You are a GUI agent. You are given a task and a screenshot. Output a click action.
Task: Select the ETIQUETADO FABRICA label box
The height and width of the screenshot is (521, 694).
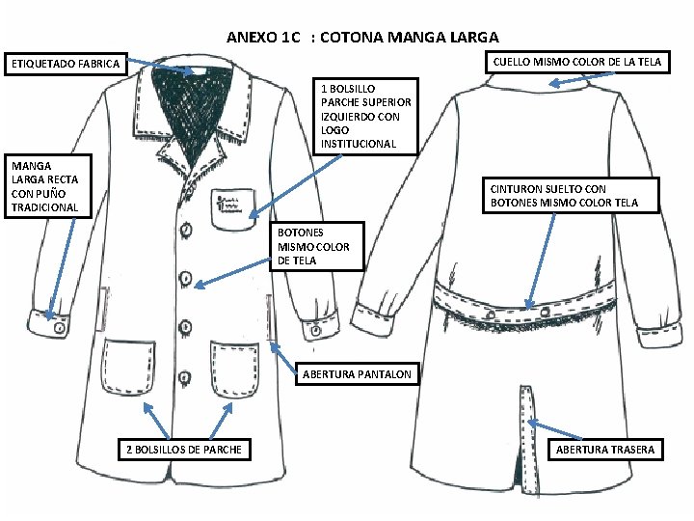tap(65, 65)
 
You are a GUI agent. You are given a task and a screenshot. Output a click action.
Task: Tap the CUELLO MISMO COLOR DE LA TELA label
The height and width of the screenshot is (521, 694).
tap(576, 62)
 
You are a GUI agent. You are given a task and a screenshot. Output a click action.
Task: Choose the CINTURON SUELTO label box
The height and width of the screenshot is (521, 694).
tap(561, 196)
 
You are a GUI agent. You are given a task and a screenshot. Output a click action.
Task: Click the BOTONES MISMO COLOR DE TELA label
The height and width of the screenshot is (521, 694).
tap(313, 246)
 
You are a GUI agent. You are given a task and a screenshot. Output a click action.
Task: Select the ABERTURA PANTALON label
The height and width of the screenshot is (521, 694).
tap(357, 373)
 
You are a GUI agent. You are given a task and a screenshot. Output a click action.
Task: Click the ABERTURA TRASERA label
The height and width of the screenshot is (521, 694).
tap(604, 449)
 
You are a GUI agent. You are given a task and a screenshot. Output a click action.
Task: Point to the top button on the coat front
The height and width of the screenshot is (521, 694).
tap(186, 231)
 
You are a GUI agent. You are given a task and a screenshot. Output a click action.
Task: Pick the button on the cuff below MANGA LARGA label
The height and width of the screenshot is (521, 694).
tap(60, 328)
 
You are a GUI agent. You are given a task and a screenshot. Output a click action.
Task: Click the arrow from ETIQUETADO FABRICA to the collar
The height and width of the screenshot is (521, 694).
tap(160, 67)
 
